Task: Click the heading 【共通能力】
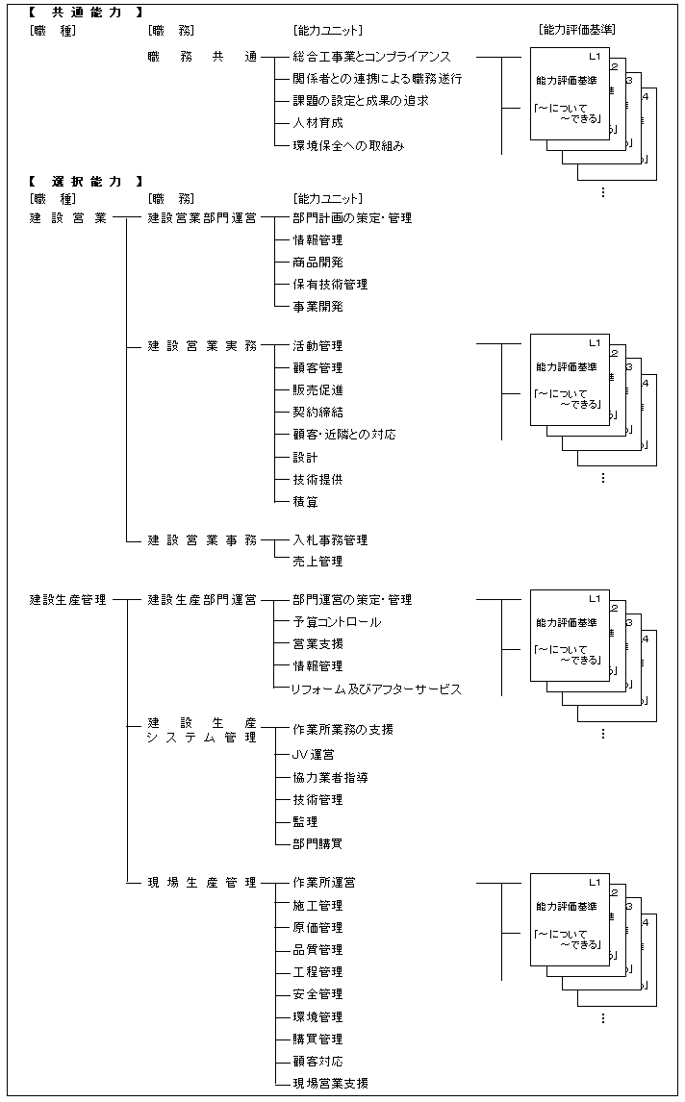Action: [86, 13]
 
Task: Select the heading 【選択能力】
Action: [86, 181]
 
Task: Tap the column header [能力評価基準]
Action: [577, 30]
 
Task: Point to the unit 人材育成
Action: [317, 123]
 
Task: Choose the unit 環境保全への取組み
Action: [348, 146]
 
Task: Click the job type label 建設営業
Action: [68, 218]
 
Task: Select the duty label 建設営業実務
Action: [202, 346]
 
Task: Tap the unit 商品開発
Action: [317, 263]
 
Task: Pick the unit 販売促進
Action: [317, 390]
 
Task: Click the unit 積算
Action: [305, 502]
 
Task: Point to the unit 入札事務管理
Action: [330, 540]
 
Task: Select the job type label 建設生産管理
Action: [68, 600]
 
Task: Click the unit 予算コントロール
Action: [336, 622]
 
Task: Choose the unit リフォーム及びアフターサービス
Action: [377, 689]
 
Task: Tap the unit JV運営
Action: [314, 756]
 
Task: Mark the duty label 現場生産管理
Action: [202, 883]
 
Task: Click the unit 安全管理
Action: [317, 994]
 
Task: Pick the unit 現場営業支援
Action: [330, 1084]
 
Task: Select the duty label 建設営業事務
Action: [202, 540]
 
